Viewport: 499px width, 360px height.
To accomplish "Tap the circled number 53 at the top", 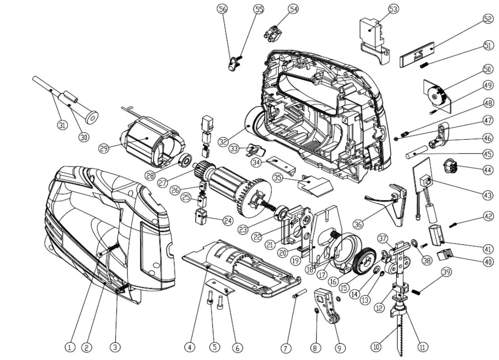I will pyautogui.click(x=394, y=9).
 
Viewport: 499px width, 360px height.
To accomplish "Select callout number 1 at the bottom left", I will pyautogui.click(x=69, y=347).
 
